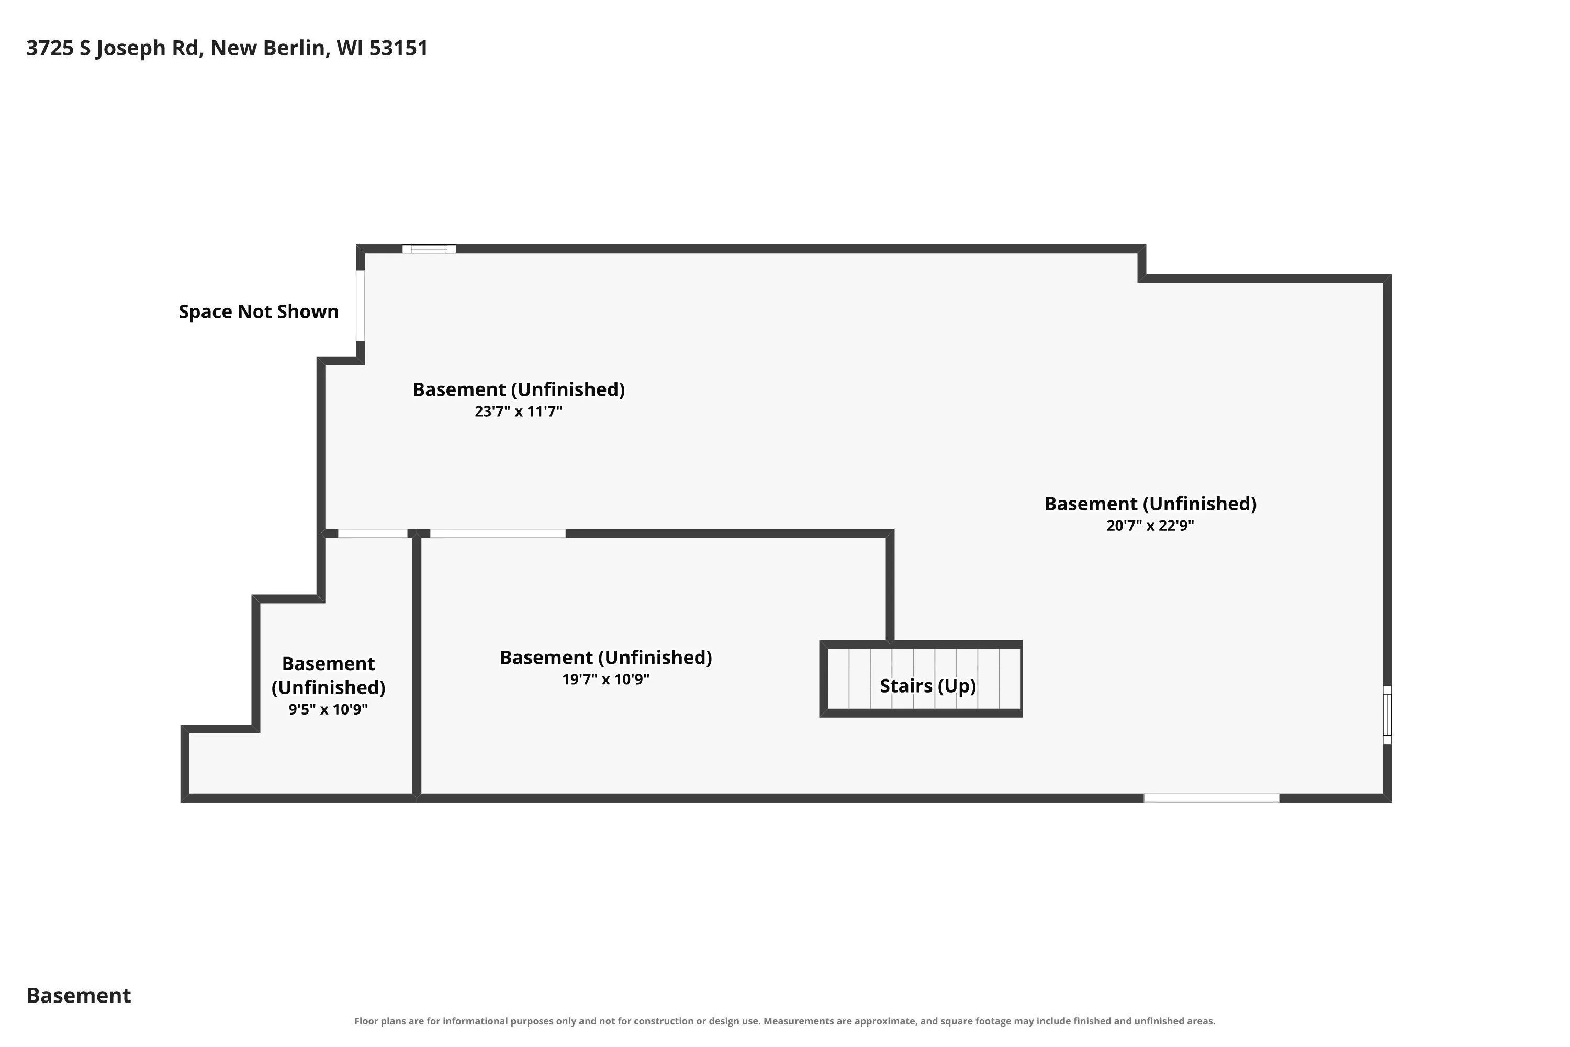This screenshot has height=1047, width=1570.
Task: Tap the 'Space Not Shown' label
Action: coord(259,312)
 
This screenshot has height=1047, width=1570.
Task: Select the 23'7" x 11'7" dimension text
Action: coord(519,411)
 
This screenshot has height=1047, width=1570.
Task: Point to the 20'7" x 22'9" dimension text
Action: coord(1150,526)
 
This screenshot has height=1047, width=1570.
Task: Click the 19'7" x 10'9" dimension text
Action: coord(605,679)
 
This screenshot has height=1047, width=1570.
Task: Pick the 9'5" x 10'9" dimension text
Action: coord(328,709)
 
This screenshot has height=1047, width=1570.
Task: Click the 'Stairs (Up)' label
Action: coord(928,686)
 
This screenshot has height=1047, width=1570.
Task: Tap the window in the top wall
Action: coord(429,249)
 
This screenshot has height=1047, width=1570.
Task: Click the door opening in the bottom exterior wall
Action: coord(1212,798)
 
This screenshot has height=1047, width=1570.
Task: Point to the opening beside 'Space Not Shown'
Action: coord(361,306)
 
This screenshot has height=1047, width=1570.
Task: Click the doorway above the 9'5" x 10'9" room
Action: coord(373,533)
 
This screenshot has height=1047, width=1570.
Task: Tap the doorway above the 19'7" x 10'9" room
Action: coord(498,533)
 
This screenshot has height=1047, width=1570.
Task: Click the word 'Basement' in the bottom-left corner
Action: coord(79,996)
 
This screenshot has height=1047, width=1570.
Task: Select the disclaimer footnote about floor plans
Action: coord(784,1021)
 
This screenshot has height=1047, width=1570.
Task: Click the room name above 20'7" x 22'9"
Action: coord(1150,504)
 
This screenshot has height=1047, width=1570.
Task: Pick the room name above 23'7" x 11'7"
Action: coord(519,390)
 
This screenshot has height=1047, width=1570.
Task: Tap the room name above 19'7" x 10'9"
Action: coord(605,658)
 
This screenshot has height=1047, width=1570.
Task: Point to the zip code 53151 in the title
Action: coord(398,49)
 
